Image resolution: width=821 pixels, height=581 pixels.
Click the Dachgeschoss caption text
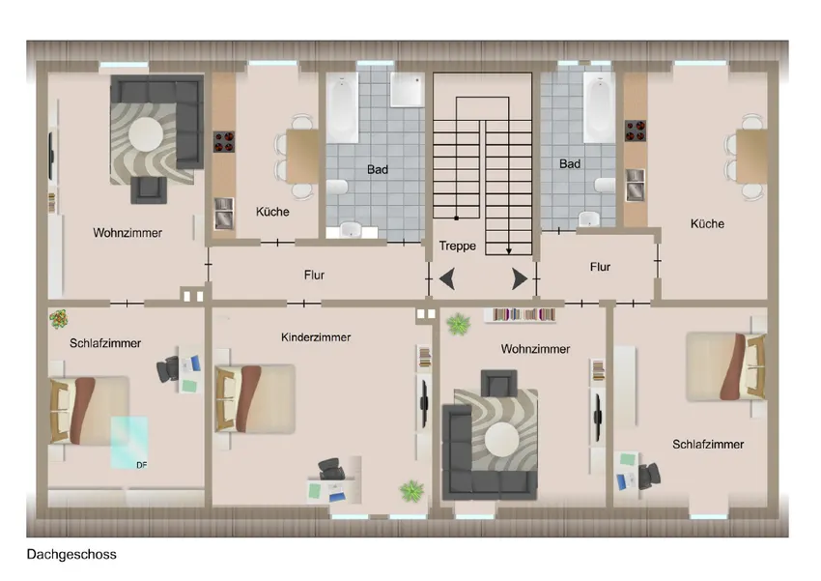(71, 554)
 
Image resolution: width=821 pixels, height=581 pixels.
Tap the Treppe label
(458, 246)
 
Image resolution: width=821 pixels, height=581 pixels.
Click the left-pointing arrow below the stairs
(447, 278)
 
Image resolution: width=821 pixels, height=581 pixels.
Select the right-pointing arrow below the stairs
(520, 278)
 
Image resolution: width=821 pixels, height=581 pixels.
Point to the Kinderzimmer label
(316, 337)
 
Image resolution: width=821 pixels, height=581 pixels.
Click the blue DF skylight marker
(129, 443)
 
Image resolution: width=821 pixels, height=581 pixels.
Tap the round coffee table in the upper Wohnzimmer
(146, 133)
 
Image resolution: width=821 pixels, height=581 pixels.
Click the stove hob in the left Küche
(223, 141)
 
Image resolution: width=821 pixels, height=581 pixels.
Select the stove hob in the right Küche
(636, 131)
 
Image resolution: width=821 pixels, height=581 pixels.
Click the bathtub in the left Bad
(343, 107)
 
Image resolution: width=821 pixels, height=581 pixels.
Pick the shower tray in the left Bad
(408, 90)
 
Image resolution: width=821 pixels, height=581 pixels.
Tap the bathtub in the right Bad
(600, 107)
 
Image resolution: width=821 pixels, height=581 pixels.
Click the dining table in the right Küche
(751, 156)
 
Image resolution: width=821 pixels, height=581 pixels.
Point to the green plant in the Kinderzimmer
(411, 491)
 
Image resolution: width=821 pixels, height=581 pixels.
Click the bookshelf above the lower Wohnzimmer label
(520, 314)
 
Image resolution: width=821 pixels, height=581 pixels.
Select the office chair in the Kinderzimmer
(331, 468)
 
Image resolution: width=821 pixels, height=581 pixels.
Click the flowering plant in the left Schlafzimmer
(59, 318)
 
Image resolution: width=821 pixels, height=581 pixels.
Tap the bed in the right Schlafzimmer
(726, 366)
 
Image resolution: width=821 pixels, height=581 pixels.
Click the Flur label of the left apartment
(314, 276)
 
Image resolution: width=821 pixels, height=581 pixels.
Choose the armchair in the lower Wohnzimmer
(499, 383)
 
